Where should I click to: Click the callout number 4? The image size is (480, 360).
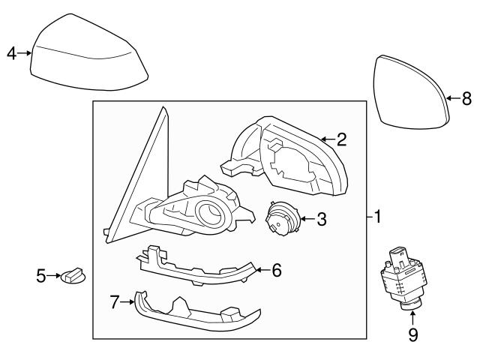coord(10,53)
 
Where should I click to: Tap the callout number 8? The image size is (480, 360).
coord(466,97)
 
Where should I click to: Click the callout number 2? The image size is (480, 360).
coord(341,139)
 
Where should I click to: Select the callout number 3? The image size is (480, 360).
coord(321,220)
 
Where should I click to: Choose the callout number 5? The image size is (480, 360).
coord(41,277)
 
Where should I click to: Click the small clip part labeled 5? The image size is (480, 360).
coord(74,277)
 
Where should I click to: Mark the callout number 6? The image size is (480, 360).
coord(276,270)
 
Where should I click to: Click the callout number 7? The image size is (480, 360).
coord(115,301)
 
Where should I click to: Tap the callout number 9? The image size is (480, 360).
coord(412,335)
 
